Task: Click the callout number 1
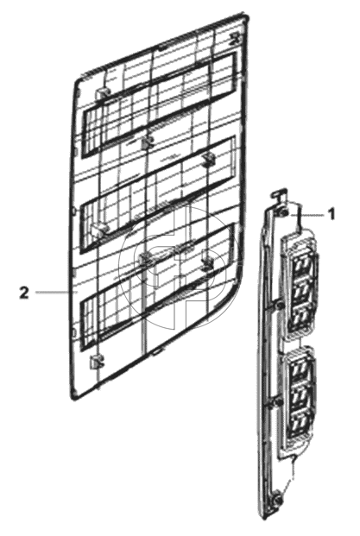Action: [x=331, y=215]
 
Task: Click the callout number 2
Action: [x=24, y=293]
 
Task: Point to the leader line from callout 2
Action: [x=52, y=293]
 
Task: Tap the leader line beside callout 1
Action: [x=306, y=216]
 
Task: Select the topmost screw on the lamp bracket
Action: [x=283, y=213]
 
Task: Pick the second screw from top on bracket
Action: [x=280, y=306]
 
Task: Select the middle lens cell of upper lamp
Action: [x=300, y=291]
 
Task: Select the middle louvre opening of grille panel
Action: [x=158, y=194]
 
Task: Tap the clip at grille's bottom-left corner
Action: [x=96, y=362]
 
